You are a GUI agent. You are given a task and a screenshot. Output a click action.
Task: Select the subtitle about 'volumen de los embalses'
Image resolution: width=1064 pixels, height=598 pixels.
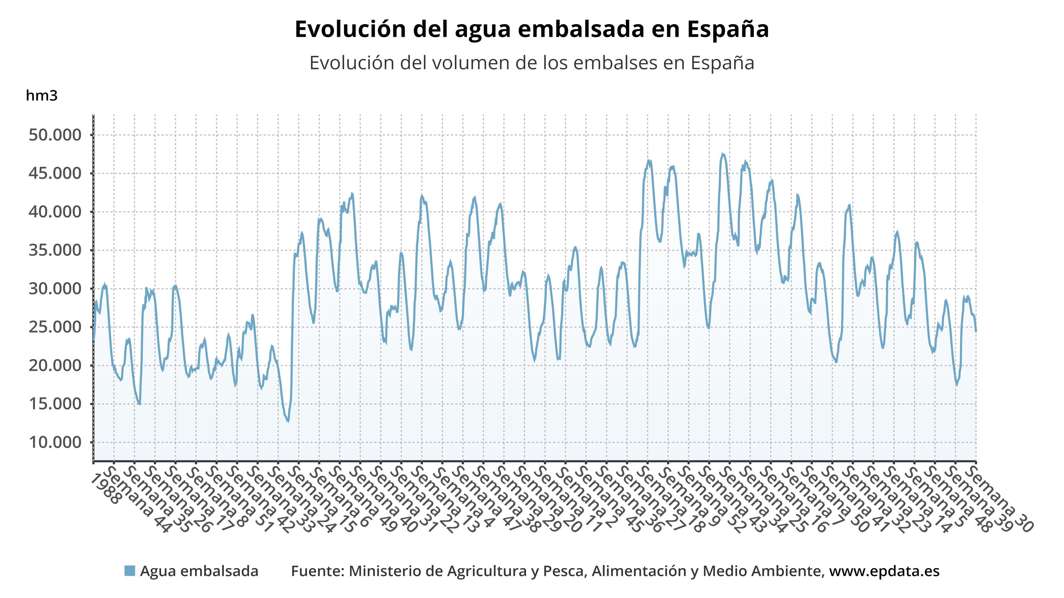532,63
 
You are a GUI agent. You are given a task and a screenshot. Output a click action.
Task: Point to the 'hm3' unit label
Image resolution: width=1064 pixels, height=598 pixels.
41,96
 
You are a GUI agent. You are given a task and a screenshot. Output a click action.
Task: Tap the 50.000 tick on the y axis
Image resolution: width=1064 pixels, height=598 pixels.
55,135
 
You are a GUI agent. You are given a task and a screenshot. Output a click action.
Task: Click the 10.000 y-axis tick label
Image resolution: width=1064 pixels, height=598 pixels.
55,442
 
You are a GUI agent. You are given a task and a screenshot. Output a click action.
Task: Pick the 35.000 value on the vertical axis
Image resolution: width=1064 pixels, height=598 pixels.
55,250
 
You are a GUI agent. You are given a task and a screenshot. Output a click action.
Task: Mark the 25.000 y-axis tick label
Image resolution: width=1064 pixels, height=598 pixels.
55,327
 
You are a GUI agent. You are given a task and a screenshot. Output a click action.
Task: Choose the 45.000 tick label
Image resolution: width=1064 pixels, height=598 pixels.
55,173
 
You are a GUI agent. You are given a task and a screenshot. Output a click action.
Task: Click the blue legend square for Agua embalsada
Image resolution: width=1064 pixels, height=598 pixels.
130,571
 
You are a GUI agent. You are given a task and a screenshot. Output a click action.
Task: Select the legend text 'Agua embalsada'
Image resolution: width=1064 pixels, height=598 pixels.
199,571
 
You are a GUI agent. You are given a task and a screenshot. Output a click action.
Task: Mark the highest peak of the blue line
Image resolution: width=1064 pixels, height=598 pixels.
722,154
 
